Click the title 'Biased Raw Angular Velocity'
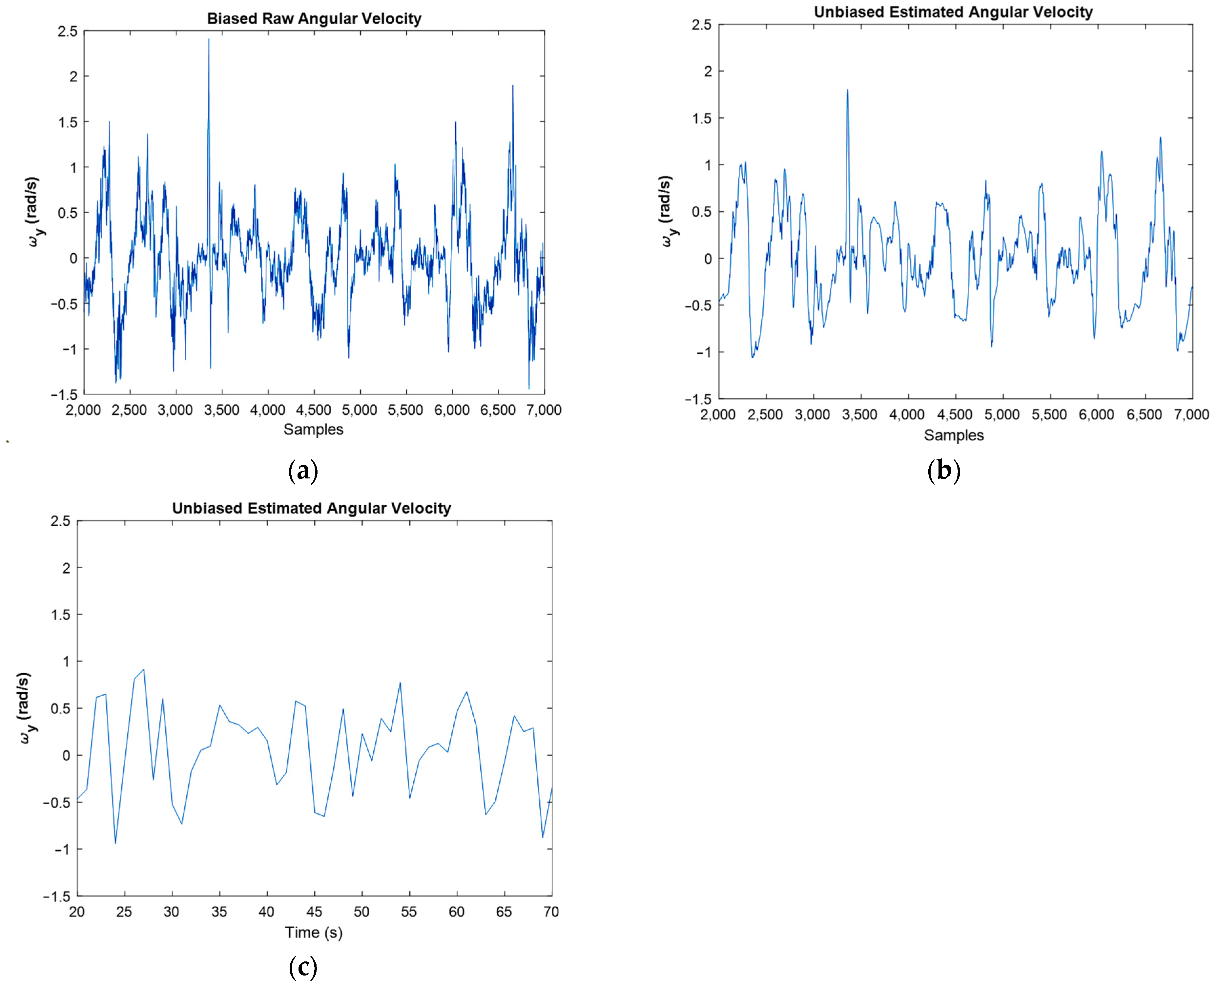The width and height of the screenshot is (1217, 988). tap(314, 18)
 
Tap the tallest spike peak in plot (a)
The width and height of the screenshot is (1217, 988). tap(209, 40)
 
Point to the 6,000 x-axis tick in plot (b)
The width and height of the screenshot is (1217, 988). tap(1096, 415)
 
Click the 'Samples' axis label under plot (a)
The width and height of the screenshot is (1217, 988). tap(314, 430)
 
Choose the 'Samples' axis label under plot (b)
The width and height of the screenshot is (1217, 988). tap(954, 435)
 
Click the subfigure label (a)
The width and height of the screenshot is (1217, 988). tap(303, 471)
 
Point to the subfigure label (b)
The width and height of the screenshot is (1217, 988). tap(944, 471)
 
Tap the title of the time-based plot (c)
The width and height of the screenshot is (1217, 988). tap(311, 508)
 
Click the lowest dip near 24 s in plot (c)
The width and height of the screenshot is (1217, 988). tap(115, 843)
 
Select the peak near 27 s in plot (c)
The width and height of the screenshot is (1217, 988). tap(143, 670)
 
